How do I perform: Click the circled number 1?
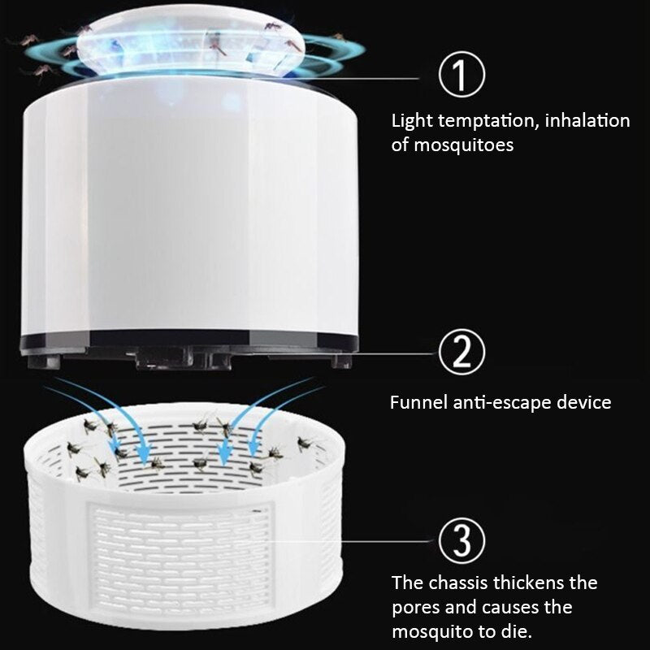[461, 76]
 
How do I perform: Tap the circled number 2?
[461, 353]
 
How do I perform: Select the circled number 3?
[461, 539]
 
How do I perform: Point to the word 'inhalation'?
[587, 121]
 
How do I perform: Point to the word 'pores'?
[417, 607]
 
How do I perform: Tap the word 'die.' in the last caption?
[518, 631]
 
